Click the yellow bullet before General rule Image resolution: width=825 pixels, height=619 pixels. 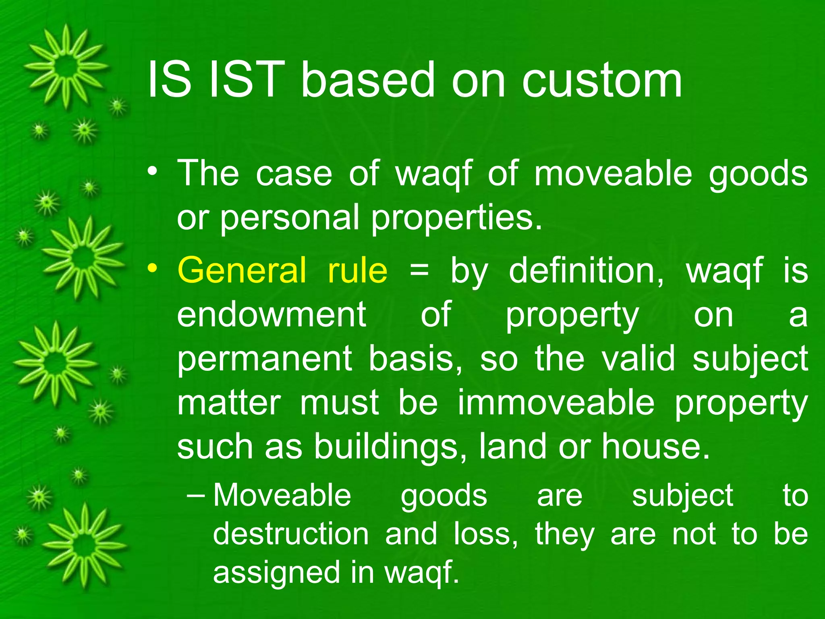[152, 268]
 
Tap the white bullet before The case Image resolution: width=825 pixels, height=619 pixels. [152, 171]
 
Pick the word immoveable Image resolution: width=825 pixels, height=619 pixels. [556, 403]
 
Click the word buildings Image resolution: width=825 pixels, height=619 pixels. [386, 447]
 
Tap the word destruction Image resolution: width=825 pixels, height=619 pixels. [290, 534]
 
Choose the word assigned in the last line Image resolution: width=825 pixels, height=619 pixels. [277, 573]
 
